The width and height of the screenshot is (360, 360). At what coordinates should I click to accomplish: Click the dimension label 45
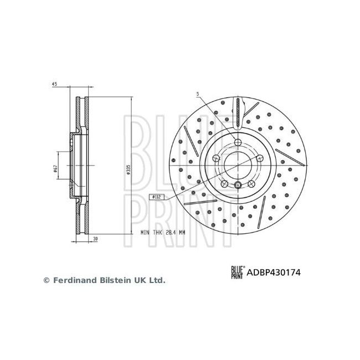(x=54, y=84)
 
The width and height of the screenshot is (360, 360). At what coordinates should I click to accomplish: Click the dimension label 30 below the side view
(x=95, y=239)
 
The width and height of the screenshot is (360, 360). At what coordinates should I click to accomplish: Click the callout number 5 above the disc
(x=196, y=94)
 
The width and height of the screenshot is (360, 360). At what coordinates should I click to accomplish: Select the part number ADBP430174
(x=272, y=272)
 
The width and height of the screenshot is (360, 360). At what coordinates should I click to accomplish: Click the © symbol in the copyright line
(x=47, y=281)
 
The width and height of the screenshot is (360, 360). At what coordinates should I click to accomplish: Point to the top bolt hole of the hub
(x=238, y=142)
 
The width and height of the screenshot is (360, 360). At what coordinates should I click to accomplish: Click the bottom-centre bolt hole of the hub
(x=238, y=186)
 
